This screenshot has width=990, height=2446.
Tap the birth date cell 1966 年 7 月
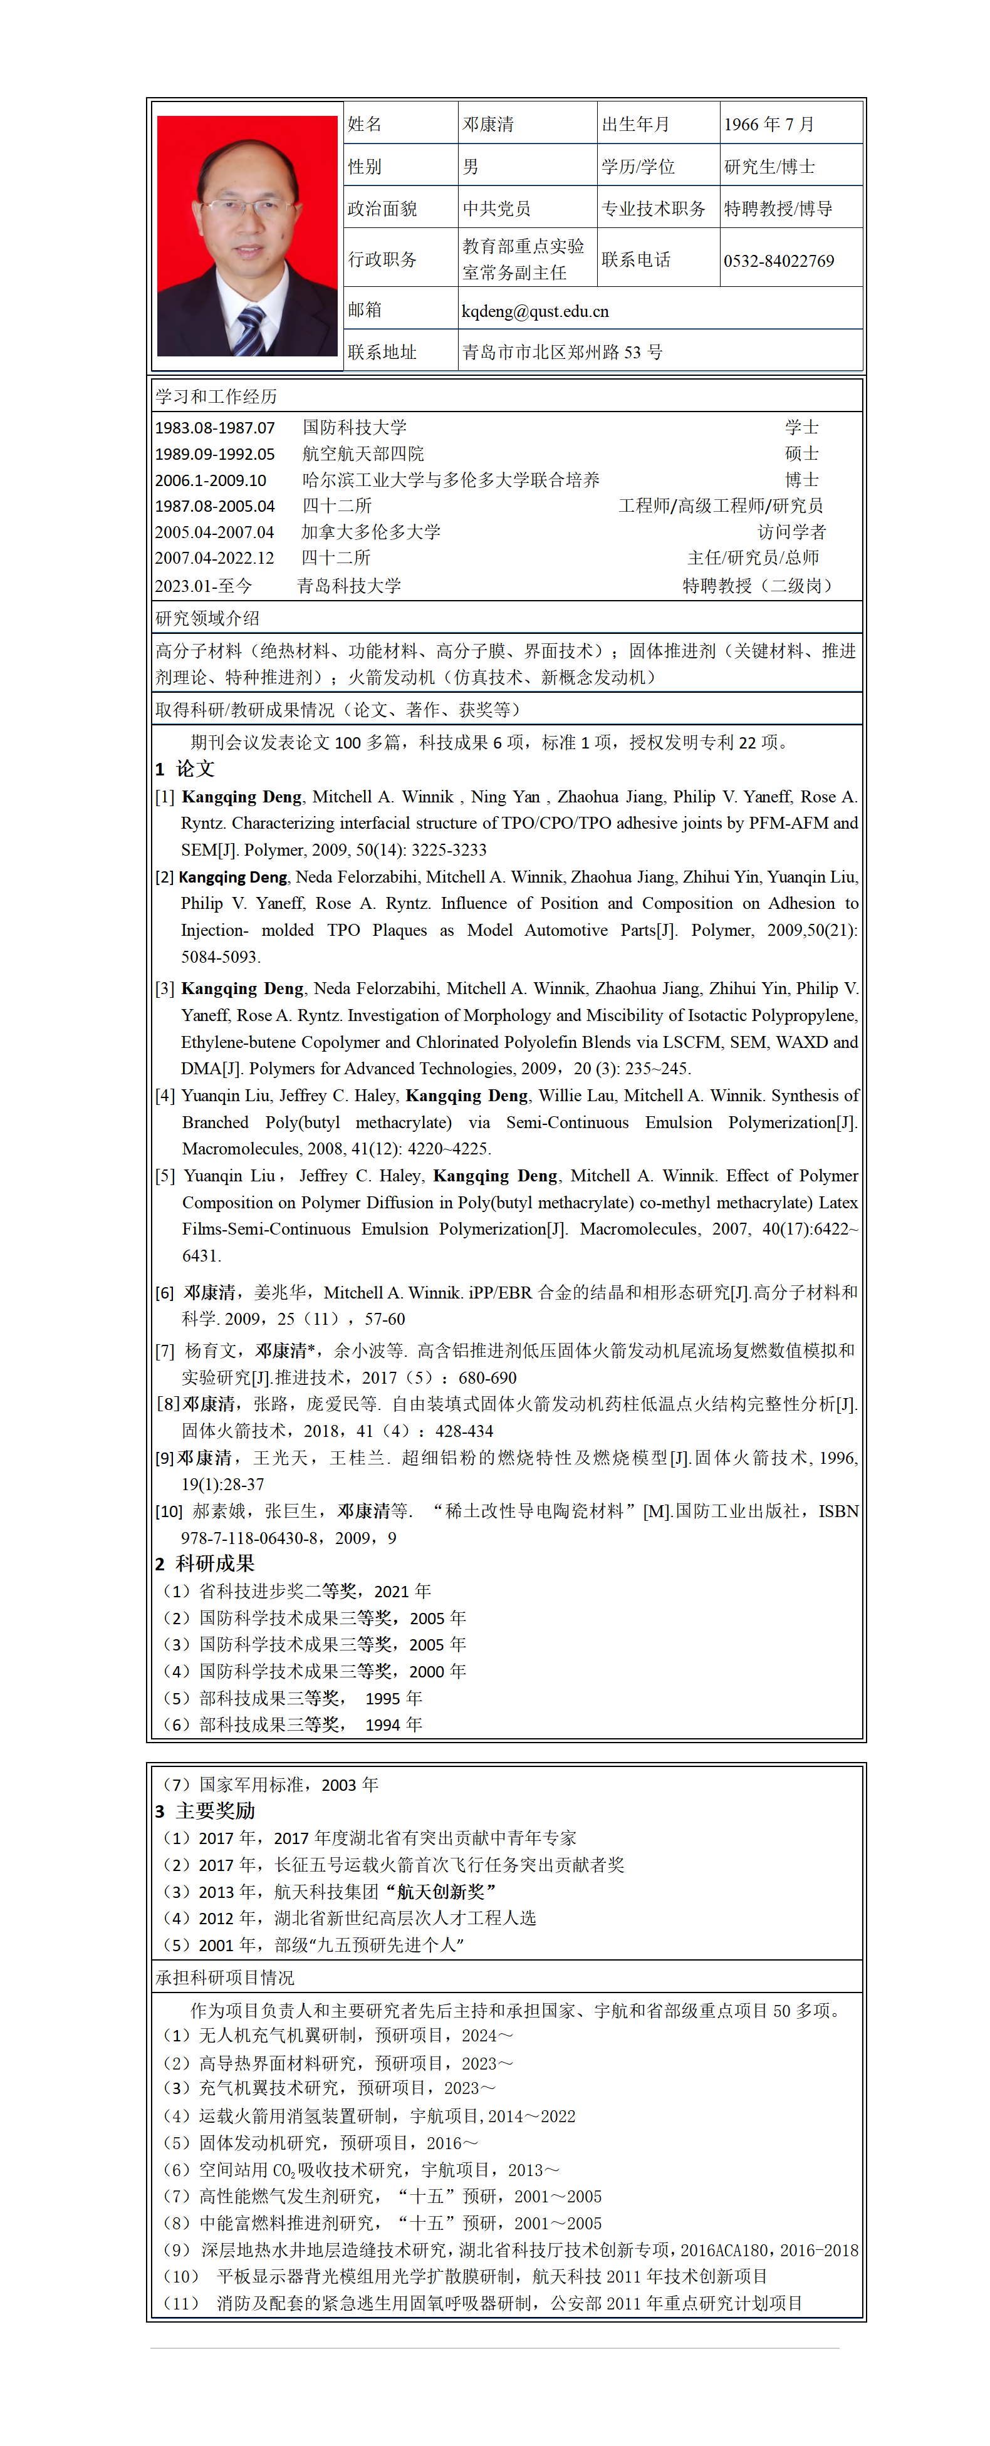pos(769,125)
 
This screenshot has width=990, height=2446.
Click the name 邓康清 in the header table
pos(488,125)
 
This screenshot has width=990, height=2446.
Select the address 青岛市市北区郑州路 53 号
pos(563,352)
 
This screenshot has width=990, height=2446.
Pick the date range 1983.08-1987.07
pos(216,428)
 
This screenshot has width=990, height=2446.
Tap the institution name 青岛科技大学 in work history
pos(348,586)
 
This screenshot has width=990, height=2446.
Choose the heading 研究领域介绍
pos(207,618)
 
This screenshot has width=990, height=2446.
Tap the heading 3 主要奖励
pos(206,1811)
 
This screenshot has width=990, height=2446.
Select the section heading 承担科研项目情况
pos(225,1978)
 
